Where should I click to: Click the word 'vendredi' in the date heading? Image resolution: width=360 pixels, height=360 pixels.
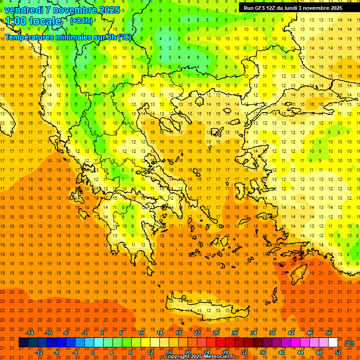tap(24, 10)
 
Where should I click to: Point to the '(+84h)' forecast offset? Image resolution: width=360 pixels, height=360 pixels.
tap(81, 21)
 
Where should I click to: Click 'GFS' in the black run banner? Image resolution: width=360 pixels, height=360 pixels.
tap(258, 8)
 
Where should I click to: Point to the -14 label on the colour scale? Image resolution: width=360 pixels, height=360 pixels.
tap(30, 333)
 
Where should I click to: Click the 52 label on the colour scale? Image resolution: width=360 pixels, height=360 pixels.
tap(338, 352)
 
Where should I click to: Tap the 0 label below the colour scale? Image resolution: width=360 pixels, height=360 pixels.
tap(92, 352)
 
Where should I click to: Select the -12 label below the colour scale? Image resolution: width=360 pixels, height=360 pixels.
tap(39, 352)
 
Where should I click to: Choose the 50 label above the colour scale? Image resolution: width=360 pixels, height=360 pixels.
tap(329, 333)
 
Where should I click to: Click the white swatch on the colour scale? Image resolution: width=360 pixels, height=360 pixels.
tap(333, 343)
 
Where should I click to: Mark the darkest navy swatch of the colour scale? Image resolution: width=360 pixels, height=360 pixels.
tap(23, 343)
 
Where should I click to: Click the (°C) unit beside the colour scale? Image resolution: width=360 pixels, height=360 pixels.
tap(349, 343)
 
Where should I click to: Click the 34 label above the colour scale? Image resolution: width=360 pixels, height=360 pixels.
tap(254, 333)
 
